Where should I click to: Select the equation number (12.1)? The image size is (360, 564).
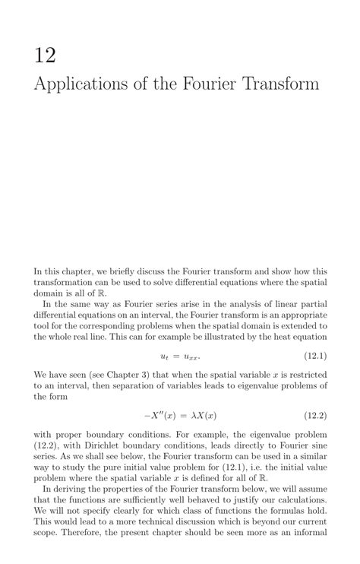click(311, 356)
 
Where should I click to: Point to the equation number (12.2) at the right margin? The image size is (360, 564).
click(311, 416)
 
